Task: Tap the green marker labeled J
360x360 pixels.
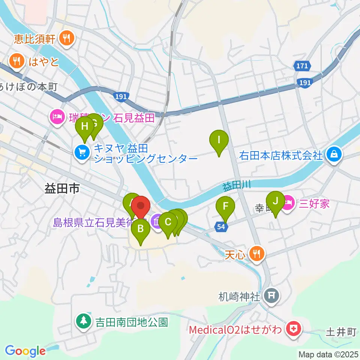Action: tap(276, 201)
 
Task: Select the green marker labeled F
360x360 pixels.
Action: tap(225, 207)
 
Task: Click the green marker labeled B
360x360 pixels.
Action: tap(141, 228)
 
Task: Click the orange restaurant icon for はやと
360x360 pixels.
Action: tap(16, 60)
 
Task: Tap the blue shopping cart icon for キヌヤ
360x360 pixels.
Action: tap(82, 152)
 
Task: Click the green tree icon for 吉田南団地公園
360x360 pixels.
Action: tap(83, 321)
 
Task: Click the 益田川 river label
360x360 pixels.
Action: tap(236, 186)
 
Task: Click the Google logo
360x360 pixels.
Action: tap(25, 351)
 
